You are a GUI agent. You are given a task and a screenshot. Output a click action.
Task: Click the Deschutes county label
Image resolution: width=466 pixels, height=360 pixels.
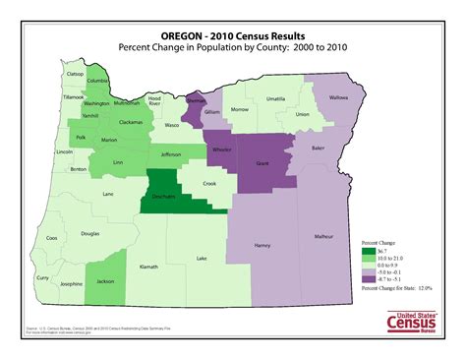tap(165, 197)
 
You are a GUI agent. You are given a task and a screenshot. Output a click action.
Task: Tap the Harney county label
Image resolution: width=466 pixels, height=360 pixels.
tap(262, 245)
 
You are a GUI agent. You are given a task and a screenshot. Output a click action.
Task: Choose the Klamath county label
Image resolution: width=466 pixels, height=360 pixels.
tap(149, 267)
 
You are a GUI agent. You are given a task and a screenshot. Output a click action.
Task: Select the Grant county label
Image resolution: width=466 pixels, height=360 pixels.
tap(262, 162)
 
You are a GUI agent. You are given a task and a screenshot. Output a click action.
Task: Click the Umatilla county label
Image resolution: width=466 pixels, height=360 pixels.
tap(275, 99)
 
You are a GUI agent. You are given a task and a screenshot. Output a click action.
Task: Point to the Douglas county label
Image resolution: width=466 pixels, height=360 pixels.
tap(89, 234)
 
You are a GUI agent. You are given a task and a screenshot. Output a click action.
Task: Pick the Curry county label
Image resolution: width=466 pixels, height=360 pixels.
tap(42, 278)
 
